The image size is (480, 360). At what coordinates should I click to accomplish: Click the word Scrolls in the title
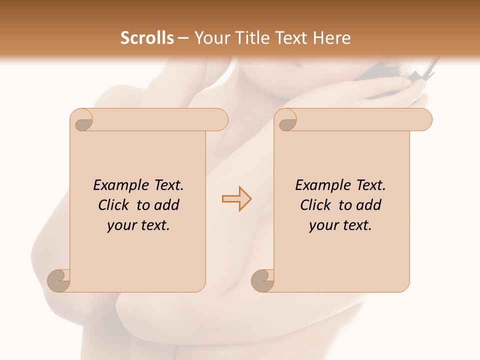[x=147, y=38]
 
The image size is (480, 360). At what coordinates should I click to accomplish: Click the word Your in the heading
[x=210, y=38]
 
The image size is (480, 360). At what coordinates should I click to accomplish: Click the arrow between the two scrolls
[x=236, y=198]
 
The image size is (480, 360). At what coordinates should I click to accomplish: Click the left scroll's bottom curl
[x=59, y=280]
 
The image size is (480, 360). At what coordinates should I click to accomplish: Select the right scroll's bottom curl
[x=262, y=280]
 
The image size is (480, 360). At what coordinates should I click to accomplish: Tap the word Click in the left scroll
[x=113, y=205]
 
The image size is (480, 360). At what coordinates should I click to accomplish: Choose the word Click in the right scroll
[x=315, y=205]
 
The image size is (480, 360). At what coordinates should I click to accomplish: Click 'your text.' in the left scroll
[x=138, y=225]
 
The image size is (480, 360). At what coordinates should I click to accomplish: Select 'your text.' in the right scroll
[x=340, y=225]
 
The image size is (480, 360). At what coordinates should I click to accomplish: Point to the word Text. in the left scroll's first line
[x=166, y=185]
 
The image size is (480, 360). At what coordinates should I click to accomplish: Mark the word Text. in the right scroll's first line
[x=368, y=185]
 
